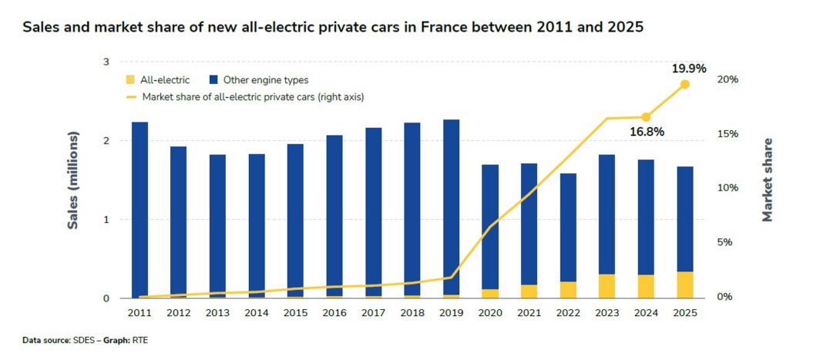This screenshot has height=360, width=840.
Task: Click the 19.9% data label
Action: (x=689, y=69)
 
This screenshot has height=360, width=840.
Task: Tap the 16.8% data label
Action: (x=646, y=132)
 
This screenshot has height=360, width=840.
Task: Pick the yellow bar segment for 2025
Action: (x=685, y=284)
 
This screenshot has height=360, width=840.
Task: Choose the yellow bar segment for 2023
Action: (x=607, y=286)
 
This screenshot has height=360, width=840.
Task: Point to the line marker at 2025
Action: (x=685, y=84)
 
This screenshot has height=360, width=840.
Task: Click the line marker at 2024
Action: (x=646, y=117)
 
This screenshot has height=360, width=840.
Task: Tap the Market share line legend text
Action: (x=253, y=97)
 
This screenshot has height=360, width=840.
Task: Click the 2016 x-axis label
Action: (x=334, y=313)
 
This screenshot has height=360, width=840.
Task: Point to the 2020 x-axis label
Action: (x=490, y=313)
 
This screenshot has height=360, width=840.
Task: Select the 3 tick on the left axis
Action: (x=107, y=62)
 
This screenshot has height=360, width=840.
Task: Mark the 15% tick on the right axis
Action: (x=727, y=134)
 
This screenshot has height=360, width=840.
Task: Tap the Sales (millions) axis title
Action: (x=74, y=180)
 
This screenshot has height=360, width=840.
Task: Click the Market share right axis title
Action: (x=768, y=180)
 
